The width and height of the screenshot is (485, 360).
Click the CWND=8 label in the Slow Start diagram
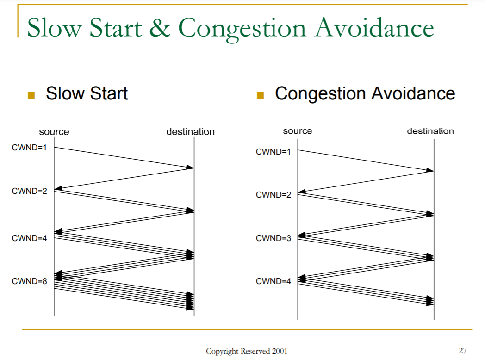29,281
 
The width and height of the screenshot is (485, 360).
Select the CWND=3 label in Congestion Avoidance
274,238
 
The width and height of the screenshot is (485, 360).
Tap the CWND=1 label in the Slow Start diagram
29,148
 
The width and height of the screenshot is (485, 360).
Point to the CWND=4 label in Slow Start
29,238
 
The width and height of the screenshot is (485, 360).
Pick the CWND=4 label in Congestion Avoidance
274,281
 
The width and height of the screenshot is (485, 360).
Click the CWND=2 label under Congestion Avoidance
274,194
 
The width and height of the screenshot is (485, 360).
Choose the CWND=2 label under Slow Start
29,191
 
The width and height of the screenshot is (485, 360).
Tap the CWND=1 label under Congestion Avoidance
274,152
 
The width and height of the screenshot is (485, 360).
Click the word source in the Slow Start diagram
54,132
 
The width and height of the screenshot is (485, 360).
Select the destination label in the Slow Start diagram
190,132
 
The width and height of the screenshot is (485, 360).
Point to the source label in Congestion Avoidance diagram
298,131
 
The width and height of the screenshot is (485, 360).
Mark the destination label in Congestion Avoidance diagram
430,131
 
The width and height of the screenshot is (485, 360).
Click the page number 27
463,350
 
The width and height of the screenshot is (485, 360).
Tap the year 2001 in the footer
280,351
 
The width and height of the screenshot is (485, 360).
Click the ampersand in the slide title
160,27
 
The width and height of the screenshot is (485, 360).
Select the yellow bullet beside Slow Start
31,95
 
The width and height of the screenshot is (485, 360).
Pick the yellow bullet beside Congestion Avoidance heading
261,95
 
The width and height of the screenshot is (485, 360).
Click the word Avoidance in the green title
374,27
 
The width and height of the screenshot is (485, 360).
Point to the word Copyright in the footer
223,351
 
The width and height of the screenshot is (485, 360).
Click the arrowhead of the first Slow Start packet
190,168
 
